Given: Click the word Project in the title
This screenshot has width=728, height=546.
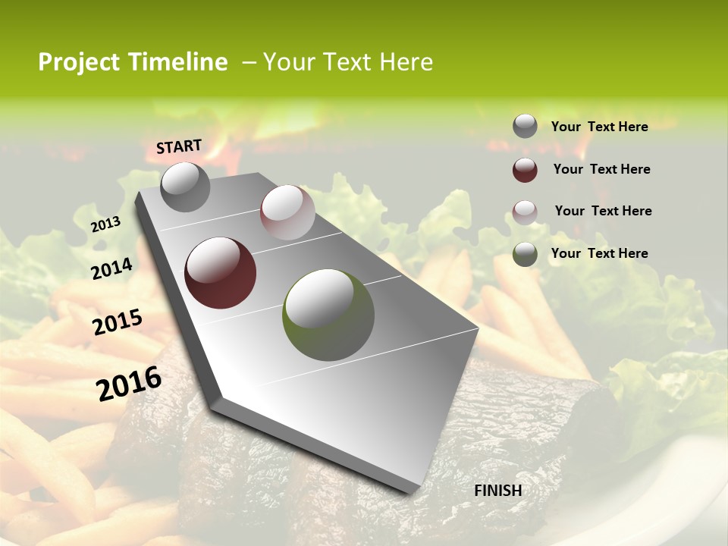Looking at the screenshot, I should coord(78,62).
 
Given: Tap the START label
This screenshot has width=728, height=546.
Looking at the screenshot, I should coord(179,146).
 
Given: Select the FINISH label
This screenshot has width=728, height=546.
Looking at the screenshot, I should coord(498,491).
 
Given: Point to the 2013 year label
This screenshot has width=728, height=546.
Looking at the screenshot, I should coord(106,224).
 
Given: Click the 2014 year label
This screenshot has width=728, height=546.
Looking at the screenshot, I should coord(111,268).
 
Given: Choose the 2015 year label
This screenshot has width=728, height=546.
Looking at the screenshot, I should coord(118,322).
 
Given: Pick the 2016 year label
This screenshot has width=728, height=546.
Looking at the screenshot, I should coord(129,384).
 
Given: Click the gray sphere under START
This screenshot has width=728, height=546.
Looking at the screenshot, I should coord(185,187).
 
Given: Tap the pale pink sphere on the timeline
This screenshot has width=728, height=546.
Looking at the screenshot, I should coord(287,212).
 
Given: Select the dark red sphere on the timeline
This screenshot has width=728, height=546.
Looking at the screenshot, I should coord(220,273).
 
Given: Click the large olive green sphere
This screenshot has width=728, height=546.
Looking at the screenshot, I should coord(328,315).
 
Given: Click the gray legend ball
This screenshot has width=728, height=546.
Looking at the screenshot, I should coord(525,126).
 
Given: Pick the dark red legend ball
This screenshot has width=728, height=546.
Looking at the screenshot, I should coord(525,170).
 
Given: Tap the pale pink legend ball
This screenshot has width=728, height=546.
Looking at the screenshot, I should coord(525,212).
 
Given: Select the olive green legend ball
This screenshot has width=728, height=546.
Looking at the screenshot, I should coord(525,254).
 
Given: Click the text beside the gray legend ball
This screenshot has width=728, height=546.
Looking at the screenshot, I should coord(600,127).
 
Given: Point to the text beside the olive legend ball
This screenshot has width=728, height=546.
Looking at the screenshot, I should coord(600,253).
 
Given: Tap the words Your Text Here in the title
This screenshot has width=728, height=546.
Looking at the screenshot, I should coord(348,62).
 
